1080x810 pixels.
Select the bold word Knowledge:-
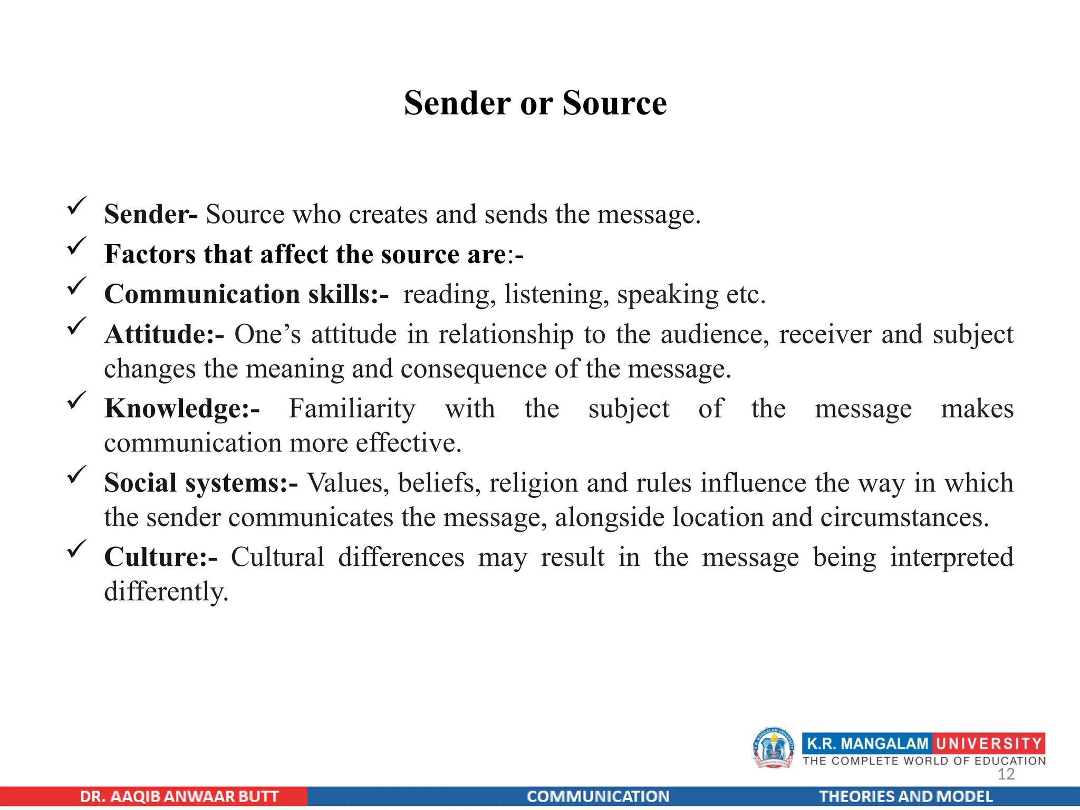(x=182, y=409)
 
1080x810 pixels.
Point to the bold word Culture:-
(x=160, y=557)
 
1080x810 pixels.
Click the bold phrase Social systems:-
(x=201, y=483)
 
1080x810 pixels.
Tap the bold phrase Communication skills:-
(x=246, y=294)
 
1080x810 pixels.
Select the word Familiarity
(x=352, y=409)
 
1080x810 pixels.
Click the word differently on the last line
(x=166, y=592)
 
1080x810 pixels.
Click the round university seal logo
(x=774, y=748)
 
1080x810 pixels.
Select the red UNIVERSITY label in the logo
(x=989, y=744)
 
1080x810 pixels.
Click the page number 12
(x=1006, y=774)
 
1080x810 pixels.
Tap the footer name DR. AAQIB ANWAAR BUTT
(x=179, y=796)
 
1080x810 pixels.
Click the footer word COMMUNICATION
(x=597, y=796)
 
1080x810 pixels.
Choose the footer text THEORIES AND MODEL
(x=905, y=796)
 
